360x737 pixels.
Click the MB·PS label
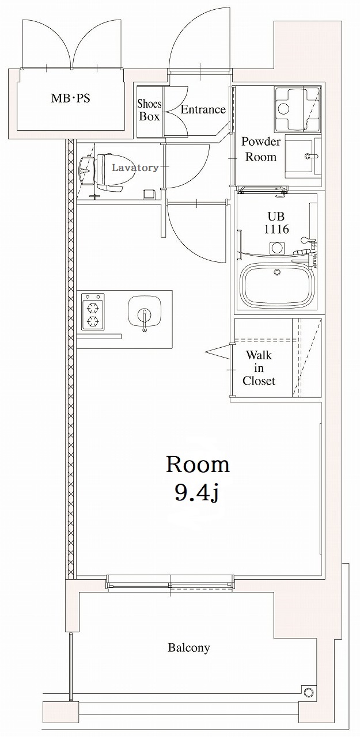[x=70, y=98]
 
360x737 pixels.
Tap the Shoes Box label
[x=149, y=110]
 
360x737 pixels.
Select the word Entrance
[x=203, y=109]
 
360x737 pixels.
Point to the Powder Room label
[x=261, y=149]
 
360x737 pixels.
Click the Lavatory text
[x=135, y=168]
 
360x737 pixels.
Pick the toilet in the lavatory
[x=109, y=172]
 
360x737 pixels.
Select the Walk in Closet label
[x=259, y=368]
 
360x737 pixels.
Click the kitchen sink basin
[x=144, y=313]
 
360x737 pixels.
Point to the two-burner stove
[x=93, y=312]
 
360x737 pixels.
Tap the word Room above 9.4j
[x=198, y=464]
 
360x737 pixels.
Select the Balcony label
[x=188, y=648]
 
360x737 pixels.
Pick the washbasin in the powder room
[x=300, y=155]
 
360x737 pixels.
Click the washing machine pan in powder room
[x=297, y=109]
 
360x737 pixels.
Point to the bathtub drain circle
[x=277, y=272]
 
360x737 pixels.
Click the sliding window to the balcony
[x=170, y=583]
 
